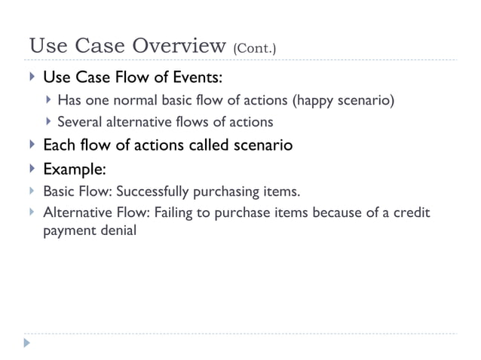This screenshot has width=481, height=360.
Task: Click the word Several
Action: click(79, 121)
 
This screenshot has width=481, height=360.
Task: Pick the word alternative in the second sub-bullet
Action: click(136, 121)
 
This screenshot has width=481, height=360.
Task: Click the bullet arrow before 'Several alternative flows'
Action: click(48, 121)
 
